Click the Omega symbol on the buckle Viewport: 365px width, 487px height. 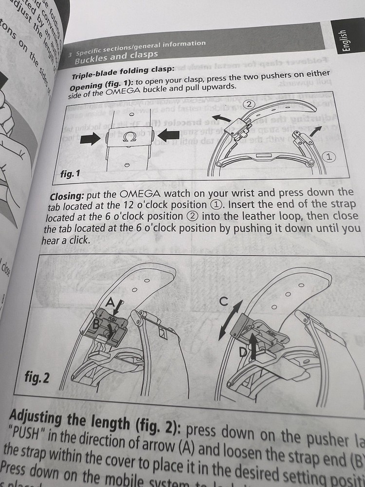click(x=128, y=138)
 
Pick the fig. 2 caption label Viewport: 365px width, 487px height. click(x=43, y=377)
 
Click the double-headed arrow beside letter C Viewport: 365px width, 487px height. click(x=229, y=322)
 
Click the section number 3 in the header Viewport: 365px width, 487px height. click(x=72, y=54)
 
